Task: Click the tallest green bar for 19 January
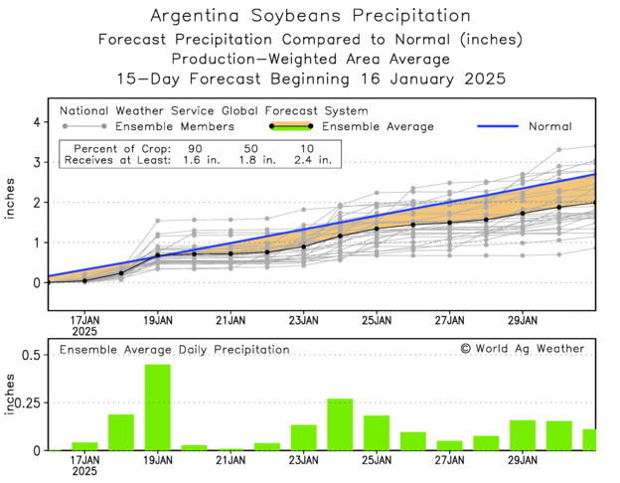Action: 158,407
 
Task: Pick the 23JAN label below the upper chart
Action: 304,320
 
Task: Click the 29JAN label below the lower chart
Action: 523,462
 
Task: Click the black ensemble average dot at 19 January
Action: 158,255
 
